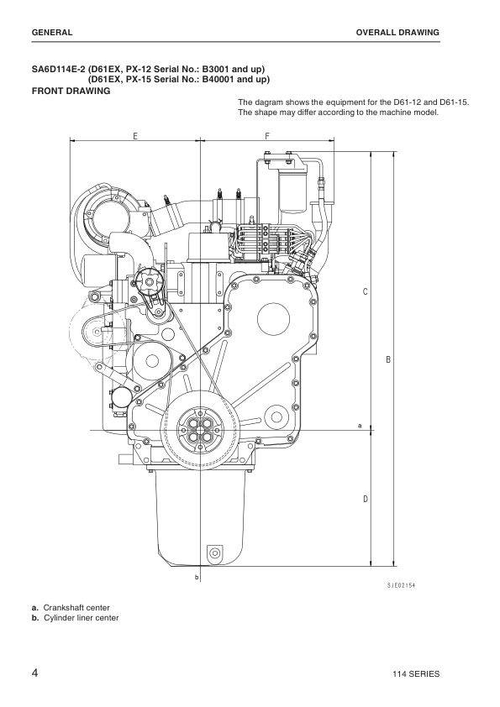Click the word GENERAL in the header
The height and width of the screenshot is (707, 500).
pyautogui.click(x=51, y=33)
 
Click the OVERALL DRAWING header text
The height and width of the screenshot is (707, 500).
pyautogui.click(x=398, y=33)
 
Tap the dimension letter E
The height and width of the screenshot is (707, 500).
pyautogui.click(x=134, y=135)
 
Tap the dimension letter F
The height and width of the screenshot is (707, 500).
pyautogui.click(x=267, y=135)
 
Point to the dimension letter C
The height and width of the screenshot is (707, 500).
pyautogui.click(x=365, y=292)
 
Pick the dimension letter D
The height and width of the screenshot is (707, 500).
pyautogui.click(x=365, y=500)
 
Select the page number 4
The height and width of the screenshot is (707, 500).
pyautogui.click(x=34, y=673)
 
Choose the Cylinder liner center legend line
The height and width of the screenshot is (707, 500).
pyautogui.click(x=80, y=619)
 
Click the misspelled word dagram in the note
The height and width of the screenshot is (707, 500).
pyautogui.click(x=270, y=102)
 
